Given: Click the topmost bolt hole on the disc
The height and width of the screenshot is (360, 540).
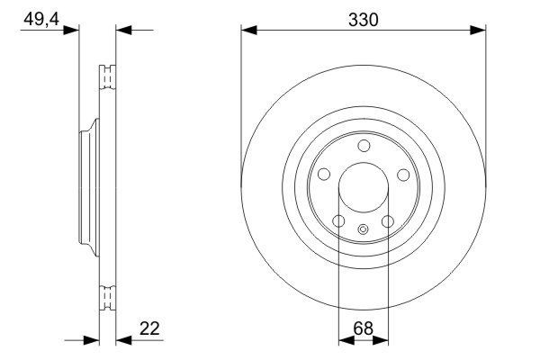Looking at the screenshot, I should [x=363, y=147].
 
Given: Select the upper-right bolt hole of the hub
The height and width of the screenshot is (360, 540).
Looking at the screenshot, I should [x=404, y=175].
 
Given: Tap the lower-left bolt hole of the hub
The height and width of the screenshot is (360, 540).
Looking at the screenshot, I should [x=337, y=222].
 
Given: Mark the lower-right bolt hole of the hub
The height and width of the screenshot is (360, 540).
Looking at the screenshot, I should [x=388, y=222].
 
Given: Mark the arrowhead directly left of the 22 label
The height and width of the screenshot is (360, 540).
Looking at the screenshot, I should [x=124, y=341].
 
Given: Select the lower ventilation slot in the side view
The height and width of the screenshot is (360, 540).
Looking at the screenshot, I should [x=107, y=296].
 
